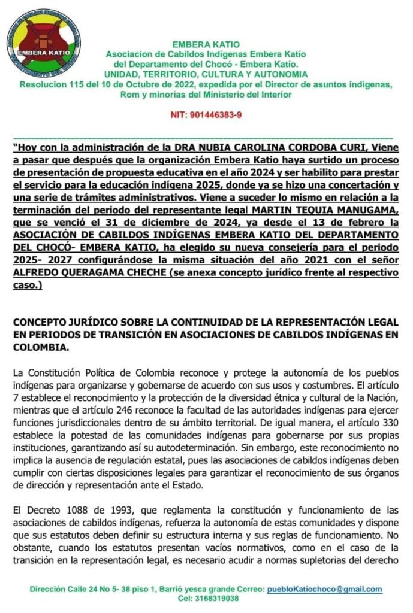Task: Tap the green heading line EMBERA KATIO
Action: pyautogui.click(x=206, y=44)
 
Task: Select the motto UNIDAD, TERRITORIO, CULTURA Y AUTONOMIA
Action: pyautogui.click(x=206, y=75)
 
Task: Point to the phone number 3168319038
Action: pyautogui.click(x=218, y=598)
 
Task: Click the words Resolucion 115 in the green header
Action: pyautogui.click(x=52, y=84)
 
